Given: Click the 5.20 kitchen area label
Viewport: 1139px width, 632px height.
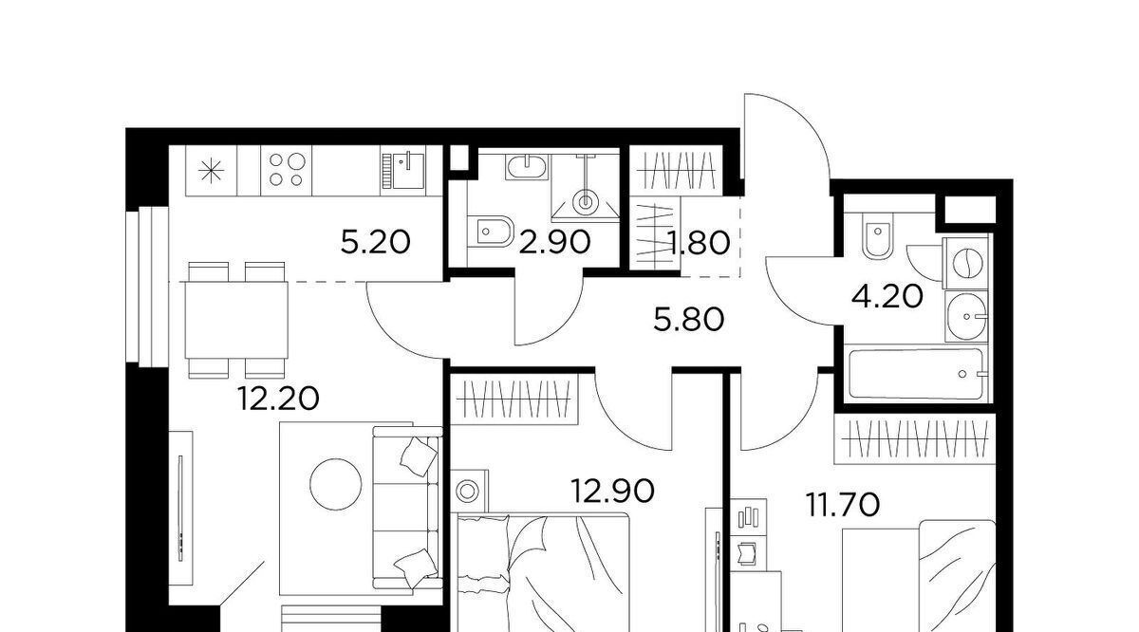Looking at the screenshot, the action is (x=375, y=242).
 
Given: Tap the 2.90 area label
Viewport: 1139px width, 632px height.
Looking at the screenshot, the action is (x=554, y=242).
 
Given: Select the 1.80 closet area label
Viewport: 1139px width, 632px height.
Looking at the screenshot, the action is (x=700, y=243).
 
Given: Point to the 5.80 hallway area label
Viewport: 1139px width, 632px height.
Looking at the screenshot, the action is (x=689, y=321).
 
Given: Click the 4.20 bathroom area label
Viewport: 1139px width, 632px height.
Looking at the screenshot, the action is (x=887, y=296).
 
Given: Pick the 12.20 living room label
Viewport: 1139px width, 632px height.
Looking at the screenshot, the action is (x=278, y=399).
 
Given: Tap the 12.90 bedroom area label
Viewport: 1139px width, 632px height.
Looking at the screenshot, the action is (x=613, y=492).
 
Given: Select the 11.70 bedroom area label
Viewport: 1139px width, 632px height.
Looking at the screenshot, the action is (x=843, y=505).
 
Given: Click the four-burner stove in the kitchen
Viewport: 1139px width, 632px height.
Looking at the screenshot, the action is (x=287, y=170).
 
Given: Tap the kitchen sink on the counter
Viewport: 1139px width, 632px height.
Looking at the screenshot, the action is (x=403, y=171).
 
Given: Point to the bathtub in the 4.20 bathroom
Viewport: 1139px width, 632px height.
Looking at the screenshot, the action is (x=916, y=374).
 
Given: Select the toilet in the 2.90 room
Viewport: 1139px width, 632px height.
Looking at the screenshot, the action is (x=490, y=232).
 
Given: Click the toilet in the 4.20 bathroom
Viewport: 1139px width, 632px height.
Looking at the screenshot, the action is (x=878, y=234).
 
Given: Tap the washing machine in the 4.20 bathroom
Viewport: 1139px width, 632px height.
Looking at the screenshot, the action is (x=965, y=263).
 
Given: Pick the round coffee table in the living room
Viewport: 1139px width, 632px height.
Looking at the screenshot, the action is (x=336, y=485).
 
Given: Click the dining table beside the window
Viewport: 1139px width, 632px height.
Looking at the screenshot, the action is (x=236, y=320).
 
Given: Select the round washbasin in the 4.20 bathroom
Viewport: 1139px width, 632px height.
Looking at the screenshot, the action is (x=966, y=316).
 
